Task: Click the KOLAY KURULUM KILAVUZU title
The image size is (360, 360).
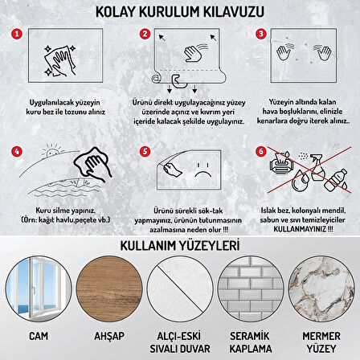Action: pos(179,11)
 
